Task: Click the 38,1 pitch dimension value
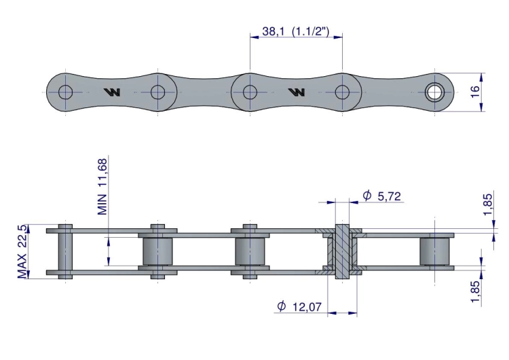tap(274, 31)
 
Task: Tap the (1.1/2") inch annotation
tap(311, 31)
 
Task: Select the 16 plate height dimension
tap(474, 92)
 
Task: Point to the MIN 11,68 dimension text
tap(102, 187)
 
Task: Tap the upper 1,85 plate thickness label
tap(487, 204)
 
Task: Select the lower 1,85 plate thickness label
tap(475, 291)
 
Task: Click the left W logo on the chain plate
tap(112, 92)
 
